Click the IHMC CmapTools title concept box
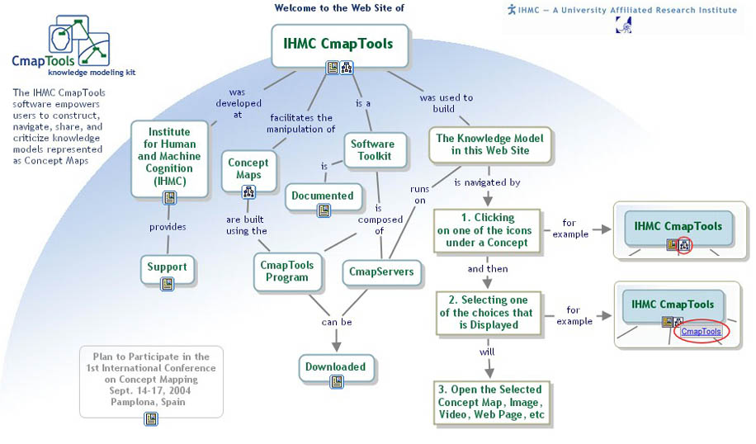[338, 44]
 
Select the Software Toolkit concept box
[372, 149]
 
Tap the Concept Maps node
[248, 168]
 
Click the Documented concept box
[322, 196]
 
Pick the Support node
[167, 267]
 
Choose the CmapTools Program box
[286, 271]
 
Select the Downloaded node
[335, 366]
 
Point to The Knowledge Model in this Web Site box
[490, 144]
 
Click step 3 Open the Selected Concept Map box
[489, 401]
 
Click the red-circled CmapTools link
[701, 332]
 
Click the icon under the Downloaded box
[336, 381]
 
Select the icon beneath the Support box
[168, 283]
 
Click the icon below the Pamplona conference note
[151, 418]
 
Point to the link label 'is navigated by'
[487, 182]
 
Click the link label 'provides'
[168, 227]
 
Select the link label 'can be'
[336, 322]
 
